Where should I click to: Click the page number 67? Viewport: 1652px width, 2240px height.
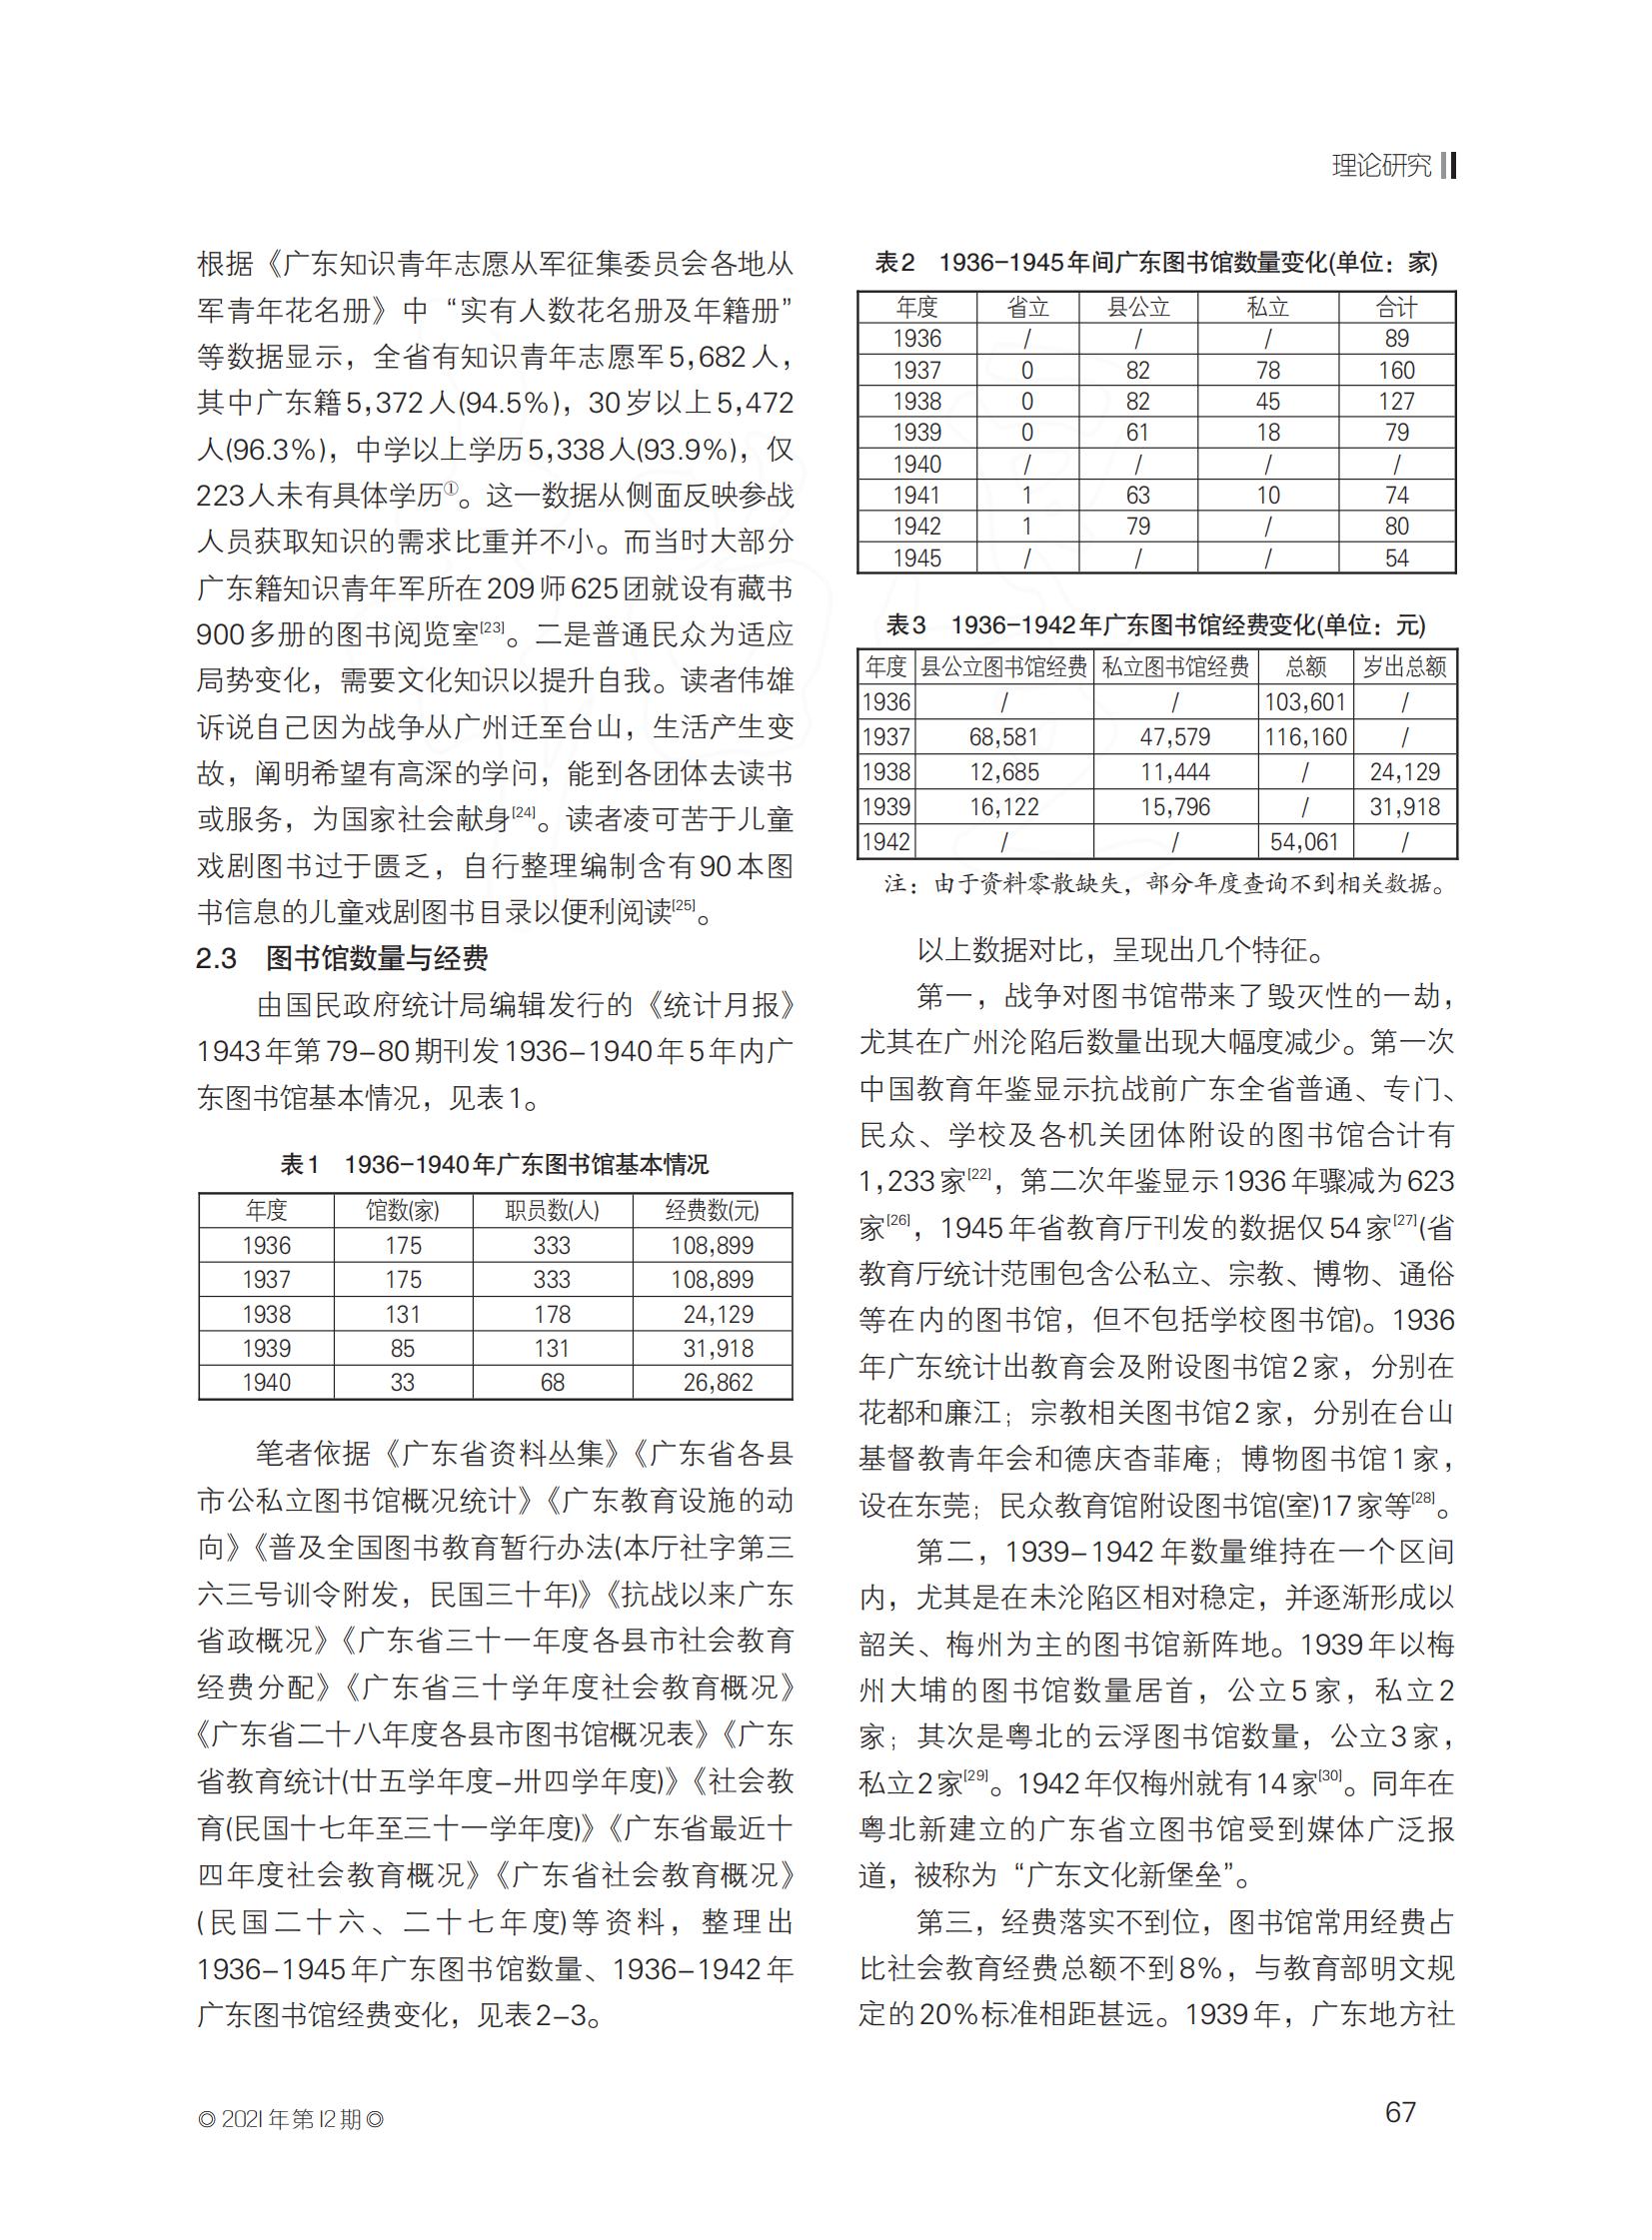click(x=1400, y=2111)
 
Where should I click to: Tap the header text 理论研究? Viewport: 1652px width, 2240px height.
click(x=1382, y=166)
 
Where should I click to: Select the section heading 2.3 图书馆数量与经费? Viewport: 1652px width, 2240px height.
click(x=342, y=958)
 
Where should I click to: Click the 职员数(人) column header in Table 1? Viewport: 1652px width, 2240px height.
click(x=552, y=1211)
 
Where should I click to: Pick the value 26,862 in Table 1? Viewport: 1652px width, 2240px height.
click(x=717, y=1383)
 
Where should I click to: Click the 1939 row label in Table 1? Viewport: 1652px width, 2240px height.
click(x=266, y=1349)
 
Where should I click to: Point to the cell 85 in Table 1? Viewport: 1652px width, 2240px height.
click(x=402, y=1349)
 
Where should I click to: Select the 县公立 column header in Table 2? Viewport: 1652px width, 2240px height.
click(x=1138, y=307)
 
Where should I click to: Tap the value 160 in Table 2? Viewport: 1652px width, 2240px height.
click(x=1396, y=371)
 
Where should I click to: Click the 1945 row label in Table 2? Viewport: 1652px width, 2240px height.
click(x=917, y=558)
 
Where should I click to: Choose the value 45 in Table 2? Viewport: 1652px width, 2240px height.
click(x=1268, y=402)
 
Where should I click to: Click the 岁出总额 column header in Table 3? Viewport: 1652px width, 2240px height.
click(x=1404, y=666)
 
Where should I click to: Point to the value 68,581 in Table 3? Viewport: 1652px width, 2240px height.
click(x=1004, y=737)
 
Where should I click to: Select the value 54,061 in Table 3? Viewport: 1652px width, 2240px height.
click(x=1304, y=842)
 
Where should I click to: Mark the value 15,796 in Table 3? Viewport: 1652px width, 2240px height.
click(x=1175, y=807)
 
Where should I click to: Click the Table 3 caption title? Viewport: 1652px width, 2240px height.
click(x=1156, y=625)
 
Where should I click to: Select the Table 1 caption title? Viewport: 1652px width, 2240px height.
click(x=494, y=1165)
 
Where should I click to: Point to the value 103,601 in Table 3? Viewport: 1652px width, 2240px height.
click(x=1304, y=702)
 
